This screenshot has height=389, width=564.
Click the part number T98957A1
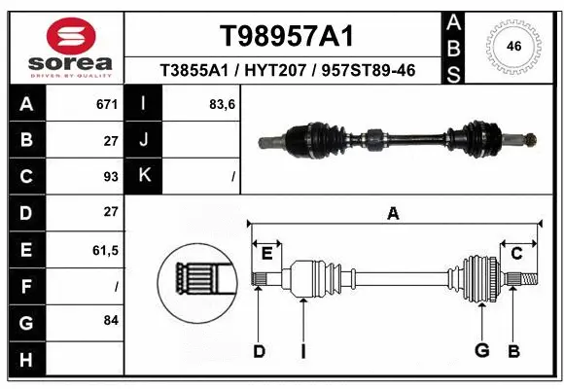click(x=286, y=36)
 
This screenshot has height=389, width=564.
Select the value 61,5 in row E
click(x=104, y=250)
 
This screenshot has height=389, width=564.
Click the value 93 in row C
click(x=111, y=177)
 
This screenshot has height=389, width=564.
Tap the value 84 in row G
click(x=111, y=320)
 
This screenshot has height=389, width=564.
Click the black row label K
click(x=144, y=176)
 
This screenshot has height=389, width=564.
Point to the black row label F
click(x=26, y=286)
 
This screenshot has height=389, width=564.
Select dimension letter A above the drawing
click(x=393, y=213)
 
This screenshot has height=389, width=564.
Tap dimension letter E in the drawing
click(x=266, y=254)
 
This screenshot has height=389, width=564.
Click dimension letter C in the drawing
click(x=516, y=253)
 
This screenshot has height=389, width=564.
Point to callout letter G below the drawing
click(x=480, y=350)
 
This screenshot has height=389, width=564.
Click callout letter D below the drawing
click(x=259, y=350)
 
